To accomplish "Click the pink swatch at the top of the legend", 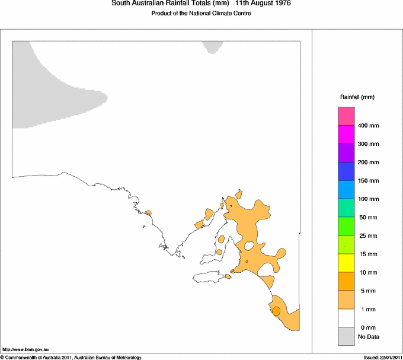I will pyautogui.click(x=346, y=116).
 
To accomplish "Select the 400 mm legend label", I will pyautogui.click(x=368, y=126).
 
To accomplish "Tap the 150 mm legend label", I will pyautogui.click(x=368, y=180).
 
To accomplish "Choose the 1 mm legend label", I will pyautogui.click(x=366, y=310).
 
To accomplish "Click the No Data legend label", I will pyautogui.click(x=369, y=337).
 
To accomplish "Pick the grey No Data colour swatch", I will pyautogui.click(x=346, y=337).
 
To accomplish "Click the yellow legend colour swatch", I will pyautogui.click(x=346, y=263).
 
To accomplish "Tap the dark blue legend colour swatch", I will pyautogui.click(x=346, y=171).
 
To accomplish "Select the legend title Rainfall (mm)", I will pyautogui.click(x=357, y=97).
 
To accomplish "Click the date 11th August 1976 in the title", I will pyautogui.click(x=263, y=4).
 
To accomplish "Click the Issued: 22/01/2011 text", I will pyautogui.click(x=382, y=357).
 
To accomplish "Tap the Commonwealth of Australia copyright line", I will pyautogui.click(x=71, y=357).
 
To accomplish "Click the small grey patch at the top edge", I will pyautogui.click(x=212, y=46).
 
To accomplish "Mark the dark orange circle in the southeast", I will pyautogui.click(x=276, y=310).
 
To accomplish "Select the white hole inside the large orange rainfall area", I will pyautogui.click(x=250, y=245).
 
